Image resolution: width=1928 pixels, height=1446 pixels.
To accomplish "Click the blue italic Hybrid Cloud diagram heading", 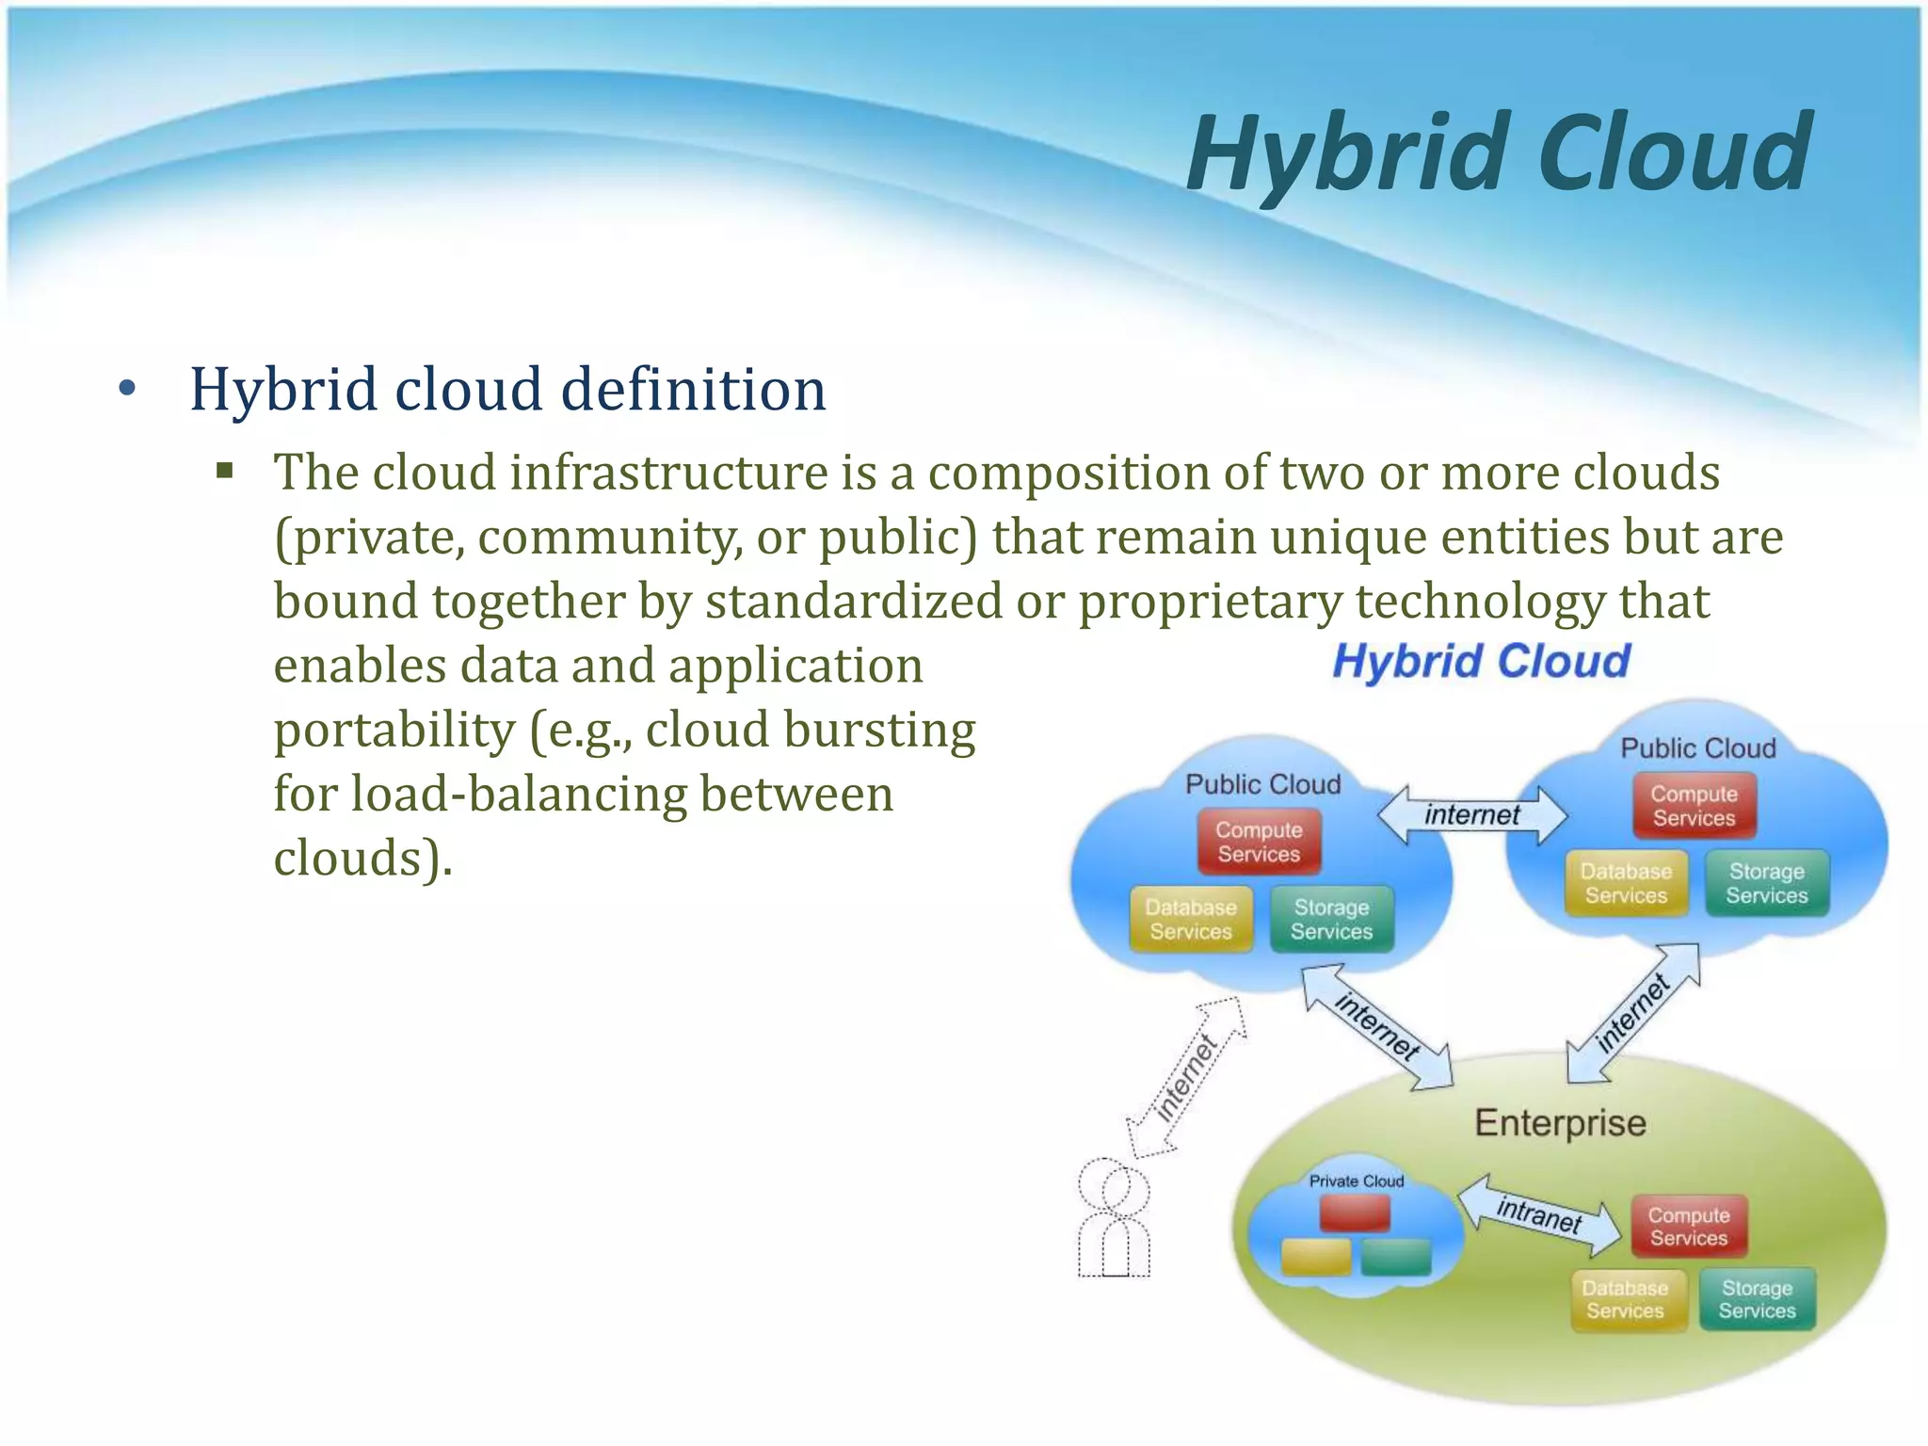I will pos(1481,661).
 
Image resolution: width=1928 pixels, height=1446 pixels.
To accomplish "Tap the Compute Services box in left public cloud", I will pos(1259,843).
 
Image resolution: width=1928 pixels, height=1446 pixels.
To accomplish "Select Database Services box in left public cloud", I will pos(1191,920).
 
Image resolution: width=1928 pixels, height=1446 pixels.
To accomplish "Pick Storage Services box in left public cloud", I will pos(1331,920).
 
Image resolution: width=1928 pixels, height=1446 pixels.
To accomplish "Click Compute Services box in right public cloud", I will pos(1694,806).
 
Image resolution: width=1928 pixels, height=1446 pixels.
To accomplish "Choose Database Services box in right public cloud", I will pos(1626,884).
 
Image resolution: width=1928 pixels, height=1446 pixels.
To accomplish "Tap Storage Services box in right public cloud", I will pos(1766,884).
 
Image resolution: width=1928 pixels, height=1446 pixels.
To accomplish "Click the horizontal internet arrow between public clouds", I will pos(1471,815).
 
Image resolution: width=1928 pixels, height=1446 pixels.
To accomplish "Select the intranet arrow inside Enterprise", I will pos(1539,1215).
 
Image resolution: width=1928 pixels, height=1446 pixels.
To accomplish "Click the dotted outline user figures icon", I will pos(1114,1219).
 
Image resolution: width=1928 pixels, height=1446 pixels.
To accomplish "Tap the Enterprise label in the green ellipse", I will pos(1560,1123).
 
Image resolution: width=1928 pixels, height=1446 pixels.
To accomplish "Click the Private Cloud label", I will pos(1356,1181).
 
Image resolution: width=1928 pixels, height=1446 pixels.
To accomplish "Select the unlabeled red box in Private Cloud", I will pos(1355,1213).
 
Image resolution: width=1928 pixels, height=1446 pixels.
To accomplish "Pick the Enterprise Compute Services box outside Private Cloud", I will pos(1688,1227).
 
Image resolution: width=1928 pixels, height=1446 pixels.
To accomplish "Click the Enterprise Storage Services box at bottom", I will pos(1757,1299).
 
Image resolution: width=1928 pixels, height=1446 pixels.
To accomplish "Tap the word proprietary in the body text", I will pos(1210,602).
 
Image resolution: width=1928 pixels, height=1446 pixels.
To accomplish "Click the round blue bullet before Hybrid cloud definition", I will pos(128,389).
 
